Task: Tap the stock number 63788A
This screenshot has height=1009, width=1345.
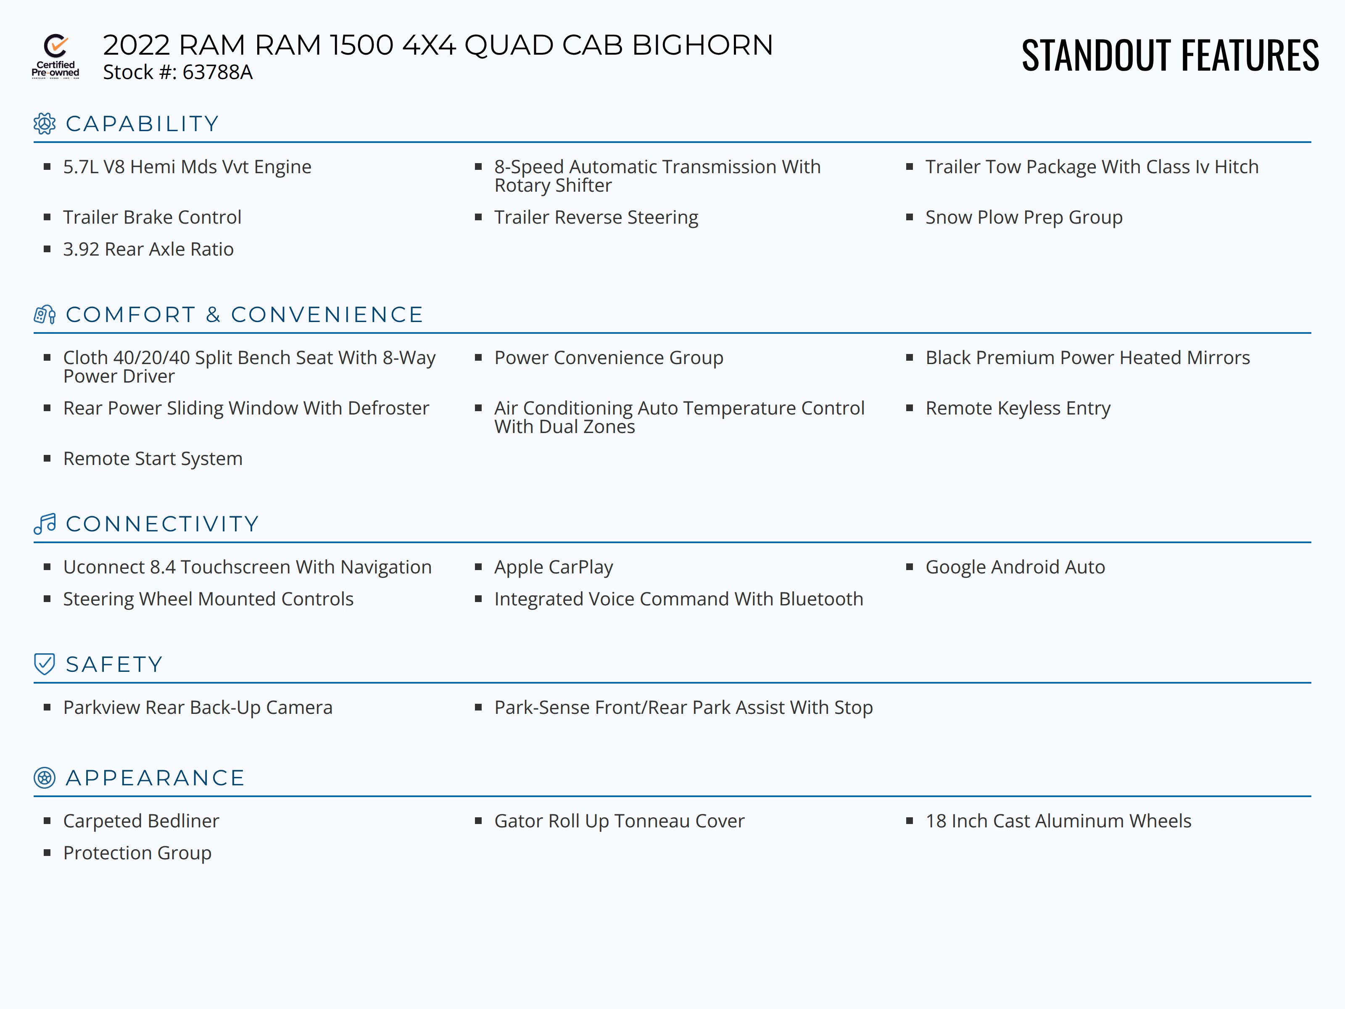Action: [217, 72]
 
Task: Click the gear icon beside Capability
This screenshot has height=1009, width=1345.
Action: [45, 124]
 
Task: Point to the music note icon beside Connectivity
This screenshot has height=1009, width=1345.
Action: [45, 524]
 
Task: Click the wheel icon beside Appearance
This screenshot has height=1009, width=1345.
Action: [45, 778]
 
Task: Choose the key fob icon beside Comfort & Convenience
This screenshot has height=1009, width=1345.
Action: [45, 314]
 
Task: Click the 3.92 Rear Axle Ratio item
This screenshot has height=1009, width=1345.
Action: [148, 249]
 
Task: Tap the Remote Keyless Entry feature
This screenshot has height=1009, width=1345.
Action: [1018, 409]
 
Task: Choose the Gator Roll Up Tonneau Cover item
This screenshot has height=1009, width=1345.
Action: [619, 821]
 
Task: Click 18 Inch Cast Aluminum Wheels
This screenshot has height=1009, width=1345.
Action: [1058, 821]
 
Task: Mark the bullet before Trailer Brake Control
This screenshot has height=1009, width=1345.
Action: [47, 217]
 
